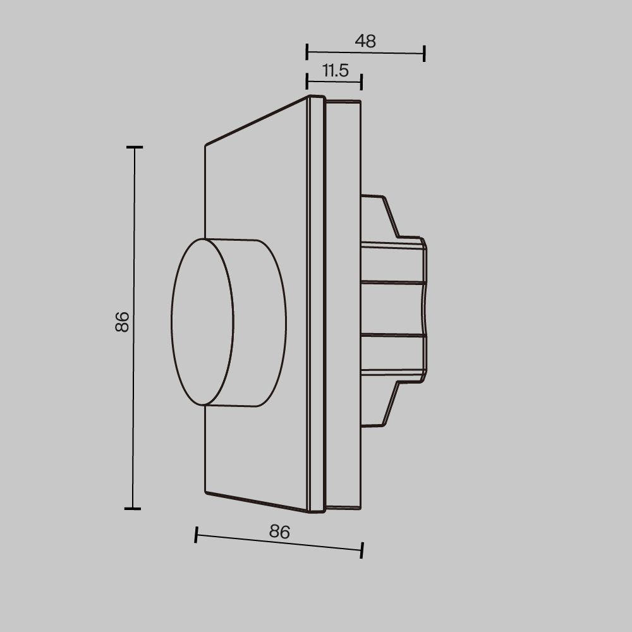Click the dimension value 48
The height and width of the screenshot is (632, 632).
pos(365,41)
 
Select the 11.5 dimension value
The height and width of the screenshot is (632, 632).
pos(336,70)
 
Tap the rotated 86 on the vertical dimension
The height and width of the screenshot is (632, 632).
pos(122,322)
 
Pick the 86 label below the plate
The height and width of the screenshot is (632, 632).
pos(279,532)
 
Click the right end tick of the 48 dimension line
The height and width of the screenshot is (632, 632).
pos(424,54)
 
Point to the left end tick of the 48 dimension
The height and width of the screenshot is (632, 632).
pos(307,52)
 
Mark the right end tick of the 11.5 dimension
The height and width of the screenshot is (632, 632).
pos(361,82)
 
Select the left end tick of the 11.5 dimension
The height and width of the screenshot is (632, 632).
pos(307,81)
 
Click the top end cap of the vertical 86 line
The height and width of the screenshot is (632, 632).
pos(134,147)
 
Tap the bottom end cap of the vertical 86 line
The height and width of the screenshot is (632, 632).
pos(132,508)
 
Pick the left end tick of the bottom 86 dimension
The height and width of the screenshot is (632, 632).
pos(196,535)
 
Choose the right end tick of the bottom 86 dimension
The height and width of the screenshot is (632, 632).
pos(362,550)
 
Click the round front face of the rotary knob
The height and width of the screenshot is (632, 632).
pos(202,322)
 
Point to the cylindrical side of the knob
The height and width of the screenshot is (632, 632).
pos(259,322)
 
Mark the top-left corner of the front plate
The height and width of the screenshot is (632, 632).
pos(206,146)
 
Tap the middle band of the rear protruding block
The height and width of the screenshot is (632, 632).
pos(392,308)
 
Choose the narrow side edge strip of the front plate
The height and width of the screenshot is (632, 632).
pos(315,303)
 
